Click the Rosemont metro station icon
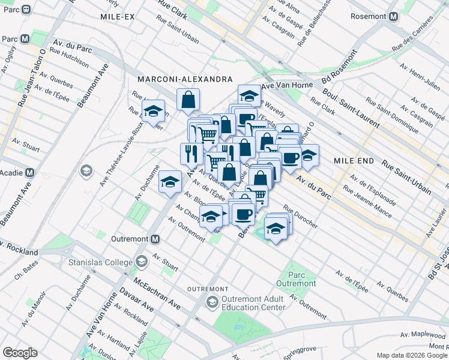pos(394,17)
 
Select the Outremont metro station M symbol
pos(155,239)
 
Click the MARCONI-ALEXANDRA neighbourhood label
pos(184,79)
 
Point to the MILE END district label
pos(354,161)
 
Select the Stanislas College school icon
pos(142,262)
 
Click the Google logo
pos(20,352)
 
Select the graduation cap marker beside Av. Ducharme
pos(170,181)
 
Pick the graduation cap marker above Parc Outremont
pos(276,229)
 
